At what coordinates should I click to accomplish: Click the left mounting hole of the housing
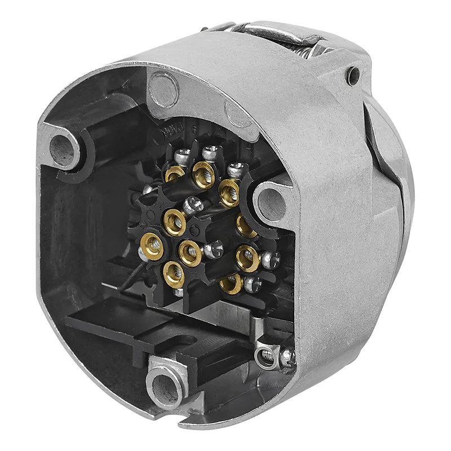[x=63, y=148]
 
